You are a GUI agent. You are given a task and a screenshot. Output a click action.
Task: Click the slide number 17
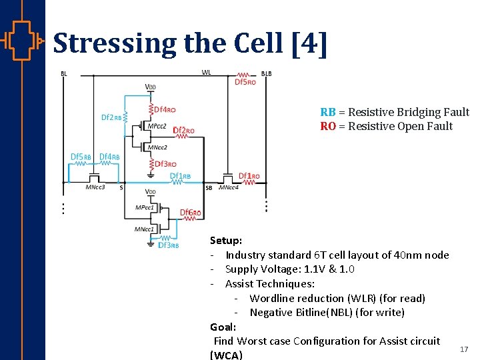pos(464,349)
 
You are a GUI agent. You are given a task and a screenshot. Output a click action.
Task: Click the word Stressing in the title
pos(115,43)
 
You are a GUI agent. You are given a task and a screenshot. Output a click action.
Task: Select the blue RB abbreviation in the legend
pos(327,112)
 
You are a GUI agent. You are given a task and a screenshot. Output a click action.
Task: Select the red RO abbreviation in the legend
pos(327,127)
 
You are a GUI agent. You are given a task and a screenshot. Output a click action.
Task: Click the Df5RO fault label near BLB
pos(245,82)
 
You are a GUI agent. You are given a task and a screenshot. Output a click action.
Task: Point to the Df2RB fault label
pos(111,118)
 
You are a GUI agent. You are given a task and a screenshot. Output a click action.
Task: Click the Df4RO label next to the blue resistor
pos(165,109)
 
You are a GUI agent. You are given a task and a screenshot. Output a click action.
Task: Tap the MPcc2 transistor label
pos(157,125)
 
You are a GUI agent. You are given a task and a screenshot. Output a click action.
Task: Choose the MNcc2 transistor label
pos(157,147)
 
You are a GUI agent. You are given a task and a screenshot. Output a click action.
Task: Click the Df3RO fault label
pos(165,164)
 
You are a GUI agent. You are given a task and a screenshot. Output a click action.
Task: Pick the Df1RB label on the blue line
pos(180,177)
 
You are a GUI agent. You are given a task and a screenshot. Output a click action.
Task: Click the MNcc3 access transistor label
pos(95,187)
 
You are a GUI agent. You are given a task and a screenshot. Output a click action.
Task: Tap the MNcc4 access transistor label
pos(228,187)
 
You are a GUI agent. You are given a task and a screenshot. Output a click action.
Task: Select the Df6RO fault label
pos(191,213)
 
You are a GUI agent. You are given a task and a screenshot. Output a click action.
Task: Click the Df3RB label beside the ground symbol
pos(168,245)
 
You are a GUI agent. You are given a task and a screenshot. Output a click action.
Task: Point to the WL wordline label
pos(207,73)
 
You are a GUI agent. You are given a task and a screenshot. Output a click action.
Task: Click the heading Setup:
pos(226,241)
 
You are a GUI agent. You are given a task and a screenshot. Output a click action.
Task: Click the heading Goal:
pos(223,327)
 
